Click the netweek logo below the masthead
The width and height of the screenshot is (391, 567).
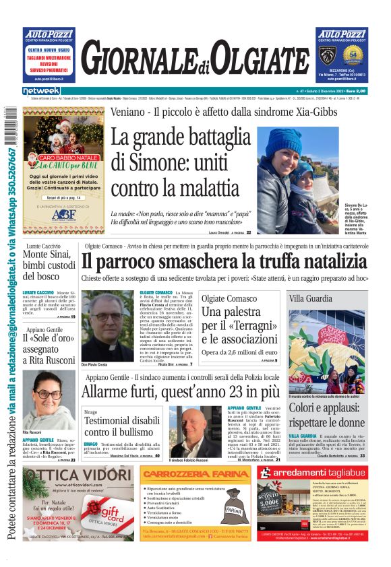pyautogui.click(x=41, y=91)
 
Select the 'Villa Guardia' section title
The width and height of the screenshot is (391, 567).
pyautogui.click(x=310, y=298)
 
